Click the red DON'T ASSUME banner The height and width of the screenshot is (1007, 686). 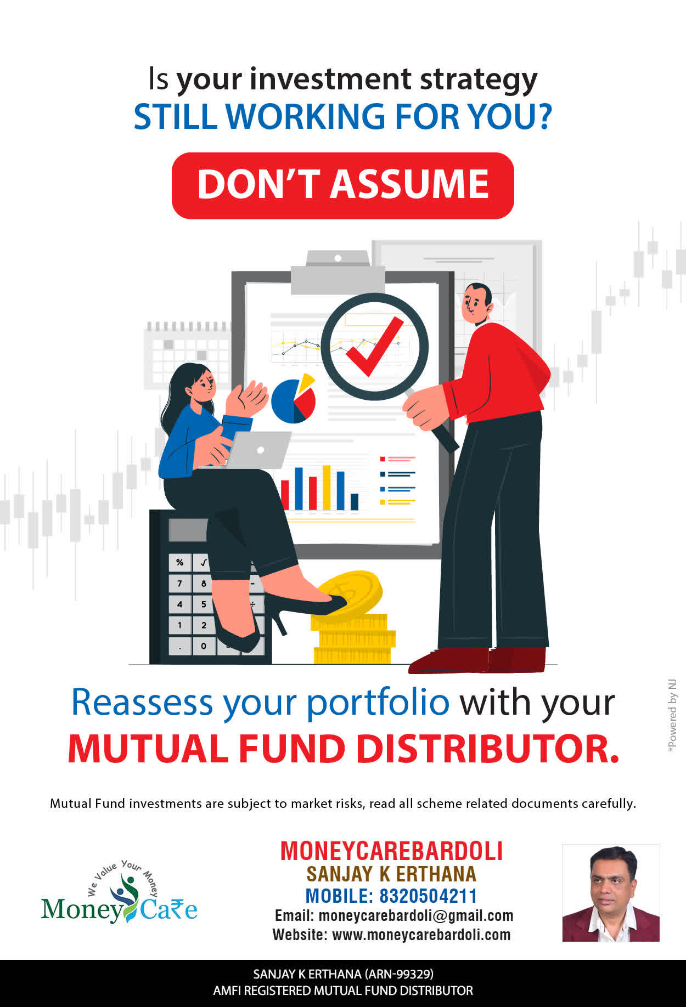pos(342,185)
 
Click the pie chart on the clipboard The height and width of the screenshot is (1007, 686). pos(294,399)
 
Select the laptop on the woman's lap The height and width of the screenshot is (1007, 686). pos(258,450)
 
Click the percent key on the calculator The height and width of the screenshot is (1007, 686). pos(179,563)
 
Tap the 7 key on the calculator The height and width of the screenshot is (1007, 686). pos(179,583)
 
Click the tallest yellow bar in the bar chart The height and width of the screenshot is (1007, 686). pos(327,488)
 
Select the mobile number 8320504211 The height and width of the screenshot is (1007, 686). pos(428,896)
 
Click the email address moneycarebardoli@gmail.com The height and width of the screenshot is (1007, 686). pos(416,915)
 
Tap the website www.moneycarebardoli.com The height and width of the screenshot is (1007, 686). pos(421,935)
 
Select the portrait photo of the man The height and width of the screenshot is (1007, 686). pos(611,893)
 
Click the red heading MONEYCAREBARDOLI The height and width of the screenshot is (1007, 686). pos(391,851)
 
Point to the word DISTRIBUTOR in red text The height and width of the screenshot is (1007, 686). pos(488,749)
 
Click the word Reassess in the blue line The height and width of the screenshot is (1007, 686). pos(142,702)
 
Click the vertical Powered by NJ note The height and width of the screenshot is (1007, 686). pos(672,716)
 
